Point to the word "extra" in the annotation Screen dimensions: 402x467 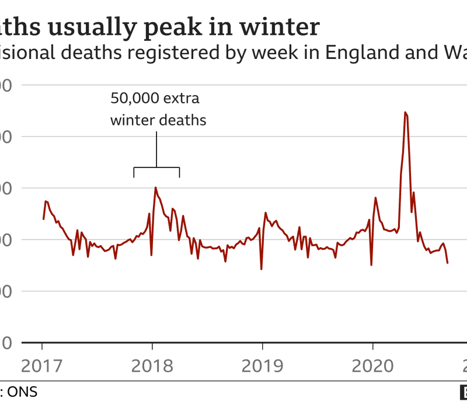187,98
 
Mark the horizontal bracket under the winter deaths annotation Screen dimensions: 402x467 156,169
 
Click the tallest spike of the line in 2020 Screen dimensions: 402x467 405,112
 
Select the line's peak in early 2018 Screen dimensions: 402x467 155,187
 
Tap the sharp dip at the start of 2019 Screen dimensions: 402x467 261,269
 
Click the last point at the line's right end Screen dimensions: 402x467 448,263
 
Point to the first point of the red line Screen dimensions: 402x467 43,219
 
